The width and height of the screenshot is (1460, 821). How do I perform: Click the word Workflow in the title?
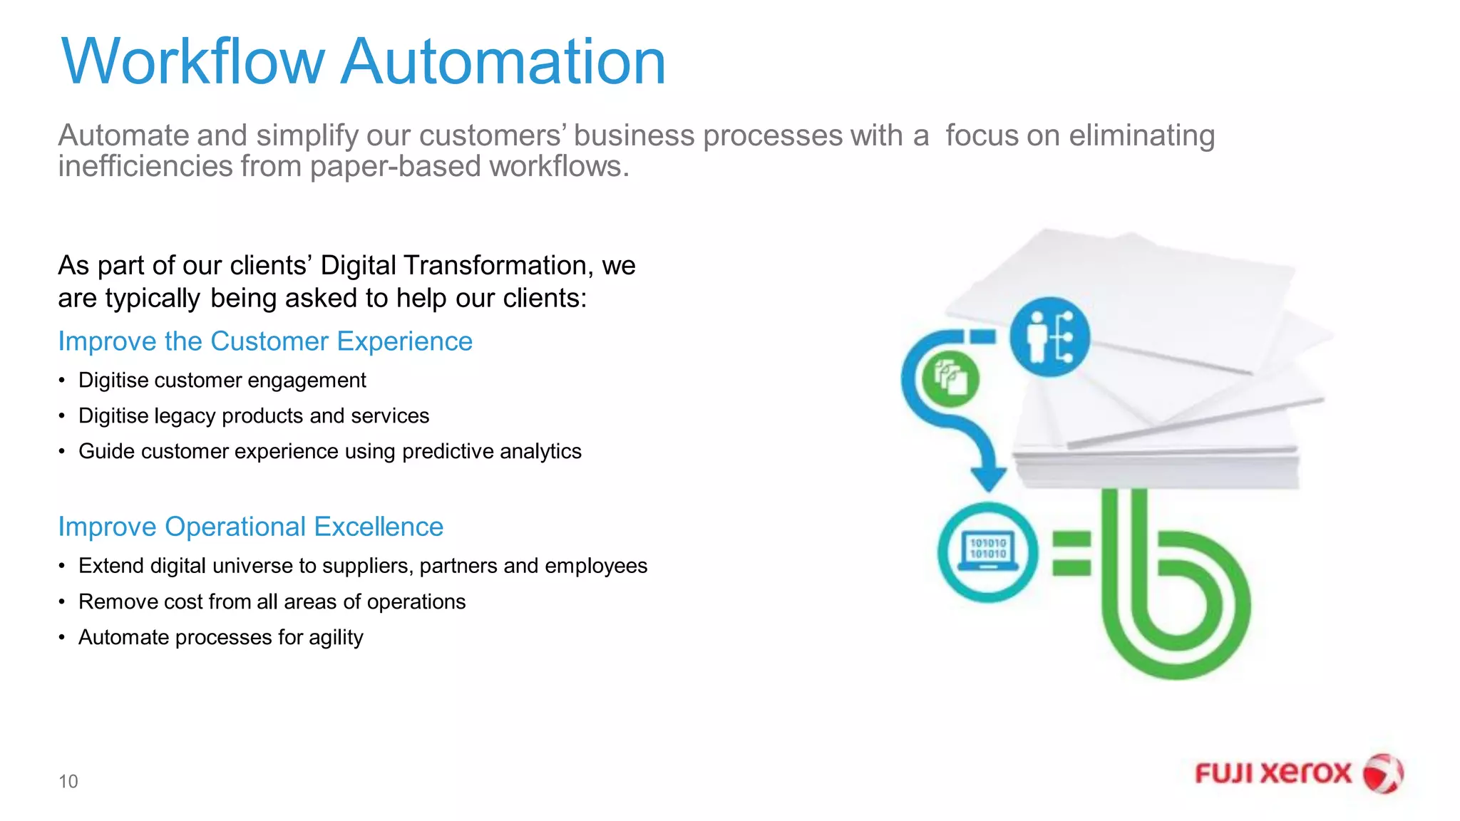coord(192,62)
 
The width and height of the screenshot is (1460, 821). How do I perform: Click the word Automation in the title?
coord(503,62)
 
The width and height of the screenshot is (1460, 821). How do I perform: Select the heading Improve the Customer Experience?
coord(265,341)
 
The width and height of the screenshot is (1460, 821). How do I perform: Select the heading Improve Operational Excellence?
coord(251,527)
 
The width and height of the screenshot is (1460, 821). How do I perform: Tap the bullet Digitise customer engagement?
coord(222,381)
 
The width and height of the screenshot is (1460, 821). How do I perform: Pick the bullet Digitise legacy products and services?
coord(254,416)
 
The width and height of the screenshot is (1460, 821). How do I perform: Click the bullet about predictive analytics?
coord(330,452)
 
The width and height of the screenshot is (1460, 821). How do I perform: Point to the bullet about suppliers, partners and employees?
coord(363,566)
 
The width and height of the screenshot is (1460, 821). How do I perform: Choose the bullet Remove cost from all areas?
coord(272,602)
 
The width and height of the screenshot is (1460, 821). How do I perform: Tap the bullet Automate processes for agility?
coord(221,638)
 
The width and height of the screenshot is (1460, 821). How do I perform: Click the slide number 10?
coord(68,782)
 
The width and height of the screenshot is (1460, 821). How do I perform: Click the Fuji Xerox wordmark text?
coord(1273,774)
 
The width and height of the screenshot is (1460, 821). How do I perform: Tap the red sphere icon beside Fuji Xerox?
coord(1383,774)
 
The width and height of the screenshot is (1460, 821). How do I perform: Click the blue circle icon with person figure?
coord(1050,337)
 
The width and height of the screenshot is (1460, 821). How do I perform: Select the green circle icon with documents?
coord(950,378)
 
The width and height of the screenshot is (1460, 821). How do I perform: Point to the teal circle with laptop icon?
coord(988,552)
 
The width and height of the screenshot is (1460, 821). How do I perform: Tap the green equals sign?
coord(1071,553)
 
